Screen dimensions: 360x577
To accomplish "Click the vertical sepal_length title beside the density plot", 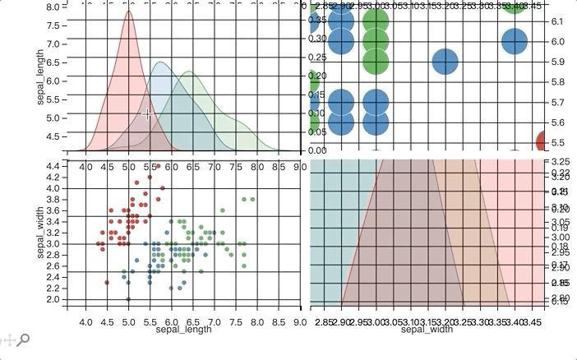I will pyautogui.click(x=40, y=78).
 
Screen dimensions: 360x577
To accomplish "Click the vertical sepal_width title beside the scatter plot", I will pyautogui.click(x=40, y=233).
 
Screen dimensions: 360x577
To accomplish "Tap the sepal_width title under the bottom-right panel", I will pyautogui.click(x=427, y=330).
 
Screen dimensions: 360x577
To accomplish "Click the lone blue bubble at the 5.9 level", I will pyautogui.click(x=445, y=62).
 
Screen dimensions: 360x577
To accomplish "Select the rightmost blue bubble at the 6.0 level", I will pyautogui.click(x=514, y=40).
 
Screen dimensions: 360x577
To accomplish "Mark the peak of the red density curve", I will pyautogui.click(x=129, y=11).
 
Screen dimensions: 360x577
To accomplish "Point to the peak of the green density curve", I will pyautogui.click(x=190, y=72).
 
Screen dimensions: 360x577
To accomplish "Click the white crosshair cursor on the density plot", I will pyautogui.click(x=148, y=114).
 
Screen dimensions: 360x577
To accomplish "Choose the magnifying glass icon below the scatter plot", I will pyautogui.click(x=24, y=339).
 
